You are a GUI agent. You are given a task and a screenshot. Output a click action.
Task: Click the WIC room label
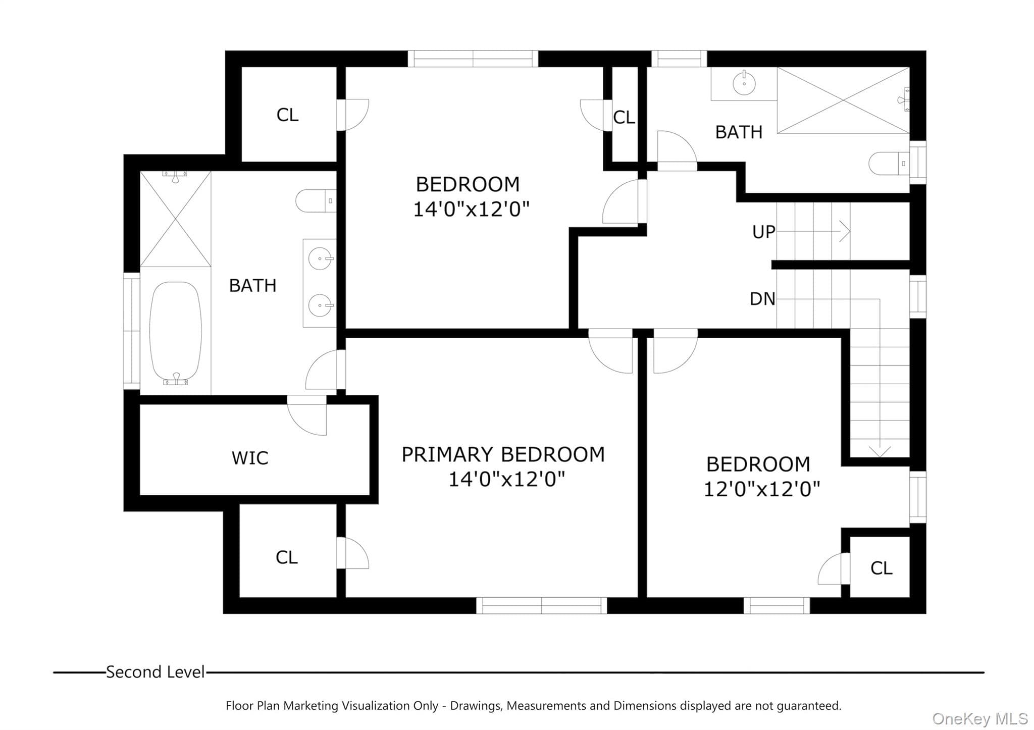[250, 458]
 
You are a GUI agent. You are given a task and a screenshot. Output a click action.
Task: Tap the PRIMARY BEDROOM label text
[503, 454]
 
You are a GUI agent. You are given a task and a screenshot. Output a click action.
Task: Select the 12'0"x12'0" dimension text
[761, 489]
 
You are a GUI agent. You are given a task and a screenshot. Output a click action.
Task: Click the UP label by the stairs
[763, 232]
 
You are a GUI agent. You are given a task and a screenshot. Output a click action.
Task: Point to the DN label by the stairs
[762, 299]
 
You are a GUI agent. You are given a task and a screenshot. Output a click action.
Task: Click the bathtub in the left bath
[176, 333]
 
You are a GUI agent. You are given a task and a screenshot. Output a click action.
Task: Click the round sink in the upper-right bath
[744, 83]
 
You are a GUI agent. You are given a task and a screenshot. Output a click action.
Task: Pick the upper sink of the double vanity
[320, 259]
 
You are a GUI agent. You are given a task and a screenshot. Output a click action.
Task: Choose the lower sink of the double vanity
[320, 305]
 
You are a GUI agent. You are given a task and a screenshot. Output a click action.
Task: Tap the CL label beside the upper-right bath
[624, 117]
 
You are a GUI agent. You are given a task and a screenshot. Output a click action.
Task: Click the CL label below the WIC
[287, 557]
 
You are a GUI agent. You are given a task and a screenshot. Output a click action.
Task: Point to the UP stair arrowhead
[845, 232]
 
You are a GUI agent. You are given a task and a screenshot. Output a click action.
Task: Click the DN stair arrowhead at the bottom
[880, 451]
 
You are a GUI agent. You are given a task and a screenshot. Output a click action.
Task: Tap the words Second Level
[156, 672]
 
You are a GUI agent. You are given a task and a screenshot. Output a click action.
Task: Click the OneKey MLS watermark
[980, 718]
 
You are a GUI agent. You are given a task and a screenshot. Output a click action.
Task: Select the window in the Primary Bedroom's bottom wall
[542, 605]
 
